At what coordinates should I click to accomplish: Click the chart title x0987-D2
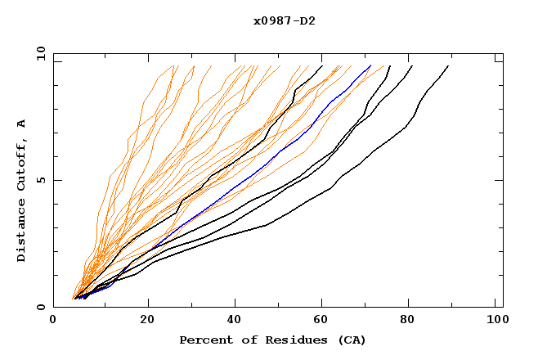(x=284, y=20)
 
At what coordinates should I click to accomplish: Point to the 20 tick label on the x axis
(x=142, y=321)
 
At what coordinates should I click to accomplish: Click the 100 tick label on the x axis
(x=496, y=321)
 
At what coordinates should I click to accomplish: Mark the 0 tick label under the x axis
(x=53, y=321)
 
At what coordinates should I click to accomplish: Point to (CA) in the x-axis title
(x=350, y=340)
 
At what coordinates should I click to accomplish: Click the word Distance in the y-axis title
(x=21, y=232)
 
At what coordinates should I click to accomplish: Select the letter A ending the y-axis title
(x=21, y=124)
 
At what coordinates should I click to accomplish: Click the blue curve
(x=245, y=179)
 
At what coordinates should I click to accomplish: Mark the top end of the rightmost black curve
(x=448, y=66)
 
